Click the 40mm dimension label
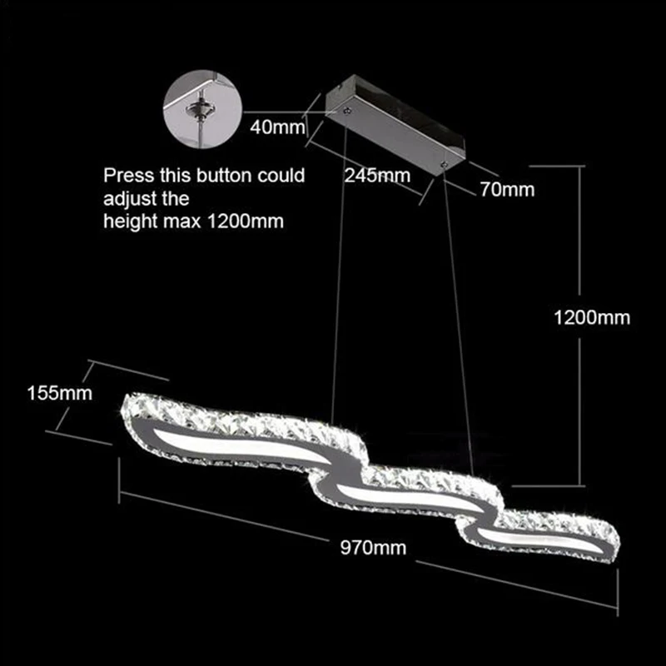pyautogui.click(x=277, y=127)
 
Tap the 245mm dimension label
pyautogui.click(x=377, y=176)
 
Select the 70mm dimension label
pyautogui.click(x=507, y=190)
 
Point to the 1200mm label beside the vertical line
pyautogui.click(x=592, y=318)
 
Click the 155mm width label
pyautogui.click(x=60, y=393)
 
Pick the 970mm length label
pyautogui.click(x=373, y=548)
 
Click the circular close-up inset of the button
pyautogui.click(x=202, y=109)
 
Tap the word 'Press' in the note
pyautogui.click(x=129, y=176)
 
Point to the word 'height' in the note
pyautogui.click(x=131, y=222)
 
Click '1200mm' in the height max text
pyautogui.click(x=245, y=221)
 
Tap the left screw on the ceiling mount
pyautogui.click(x=347, y=111)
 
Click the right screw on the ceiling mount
pyautogui.click(x=444, y=163)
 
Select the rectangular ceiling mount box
pyautogui.click(x=395, y=125)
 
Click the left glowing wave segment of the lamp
pyautogui.click(x=239, y=445)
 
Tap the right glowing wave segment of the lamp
pyautogui.click(x=539, y=539)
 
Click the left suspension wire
pyautogui.click(x=339, y=273)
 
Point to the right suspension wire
pyautogui.click(x=458, y=320)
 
